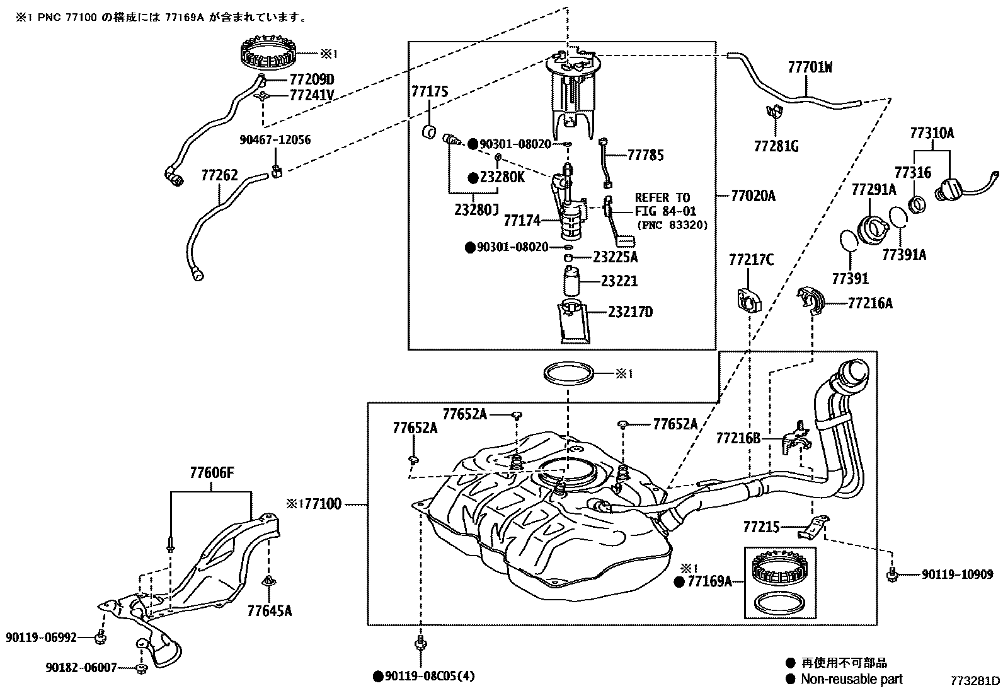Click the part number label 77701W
coord(810,67)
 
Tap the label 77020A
coord(753,196)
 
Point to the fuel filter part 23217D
coord(575,322)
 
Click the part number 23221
coord(619,281)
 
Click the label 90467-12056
coord(275,140)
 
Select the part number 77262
coord(219,175)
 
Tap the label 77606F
coord(212,472)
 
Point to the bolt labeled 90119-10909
coord(892,574)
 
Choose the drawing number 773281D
coord(975,681)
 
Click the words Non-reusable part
coord(851,679)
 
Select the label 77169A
coord(709,581)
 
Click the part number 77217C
coord(751,259)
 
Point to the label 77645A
coord(270,610)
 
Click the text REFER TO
coord(662,197)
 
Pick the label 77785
coord(645,155)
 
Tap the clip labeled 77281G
coord(774,113)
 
